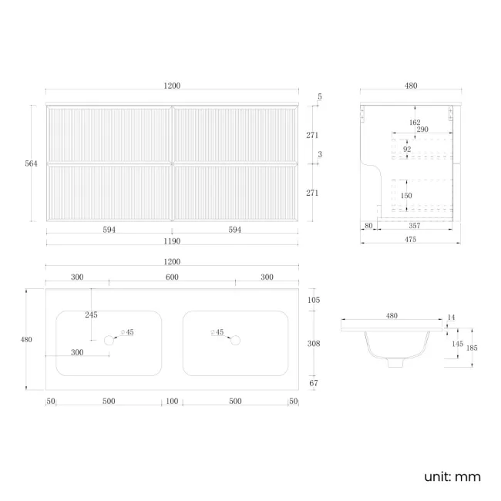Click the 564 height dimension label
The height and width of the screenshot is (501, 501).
pyautogui.click(x=31, y=163)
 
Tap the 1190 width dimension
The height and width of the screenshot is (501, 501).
pyautogui.click(x=172, y=241)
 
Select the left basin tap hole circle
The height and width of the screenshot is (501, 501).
pyautogui.click(x=109, y=340)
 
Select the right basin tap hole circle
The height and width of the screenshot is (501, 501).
pyautogui.click(x=236, y=340)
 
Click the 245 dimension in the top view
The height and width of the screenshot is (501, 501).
pyautogui.click(x=91, y=314)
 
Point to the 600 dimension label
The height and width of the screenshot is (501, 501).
pyautogui.click(x=172, y=277)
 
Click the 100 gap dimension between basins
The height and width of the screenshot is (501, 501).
pyautogui.click(x=172, y=401)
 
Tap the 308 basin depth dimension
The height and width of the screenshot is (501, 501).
pyautogui.click(x=314, y=344)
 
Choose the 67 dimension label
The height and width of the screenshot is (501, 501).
pyautogui.click(x=314, y=383)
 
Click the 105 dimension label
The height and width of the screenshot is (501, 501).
pyautogui.click(x=314, y=300)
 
